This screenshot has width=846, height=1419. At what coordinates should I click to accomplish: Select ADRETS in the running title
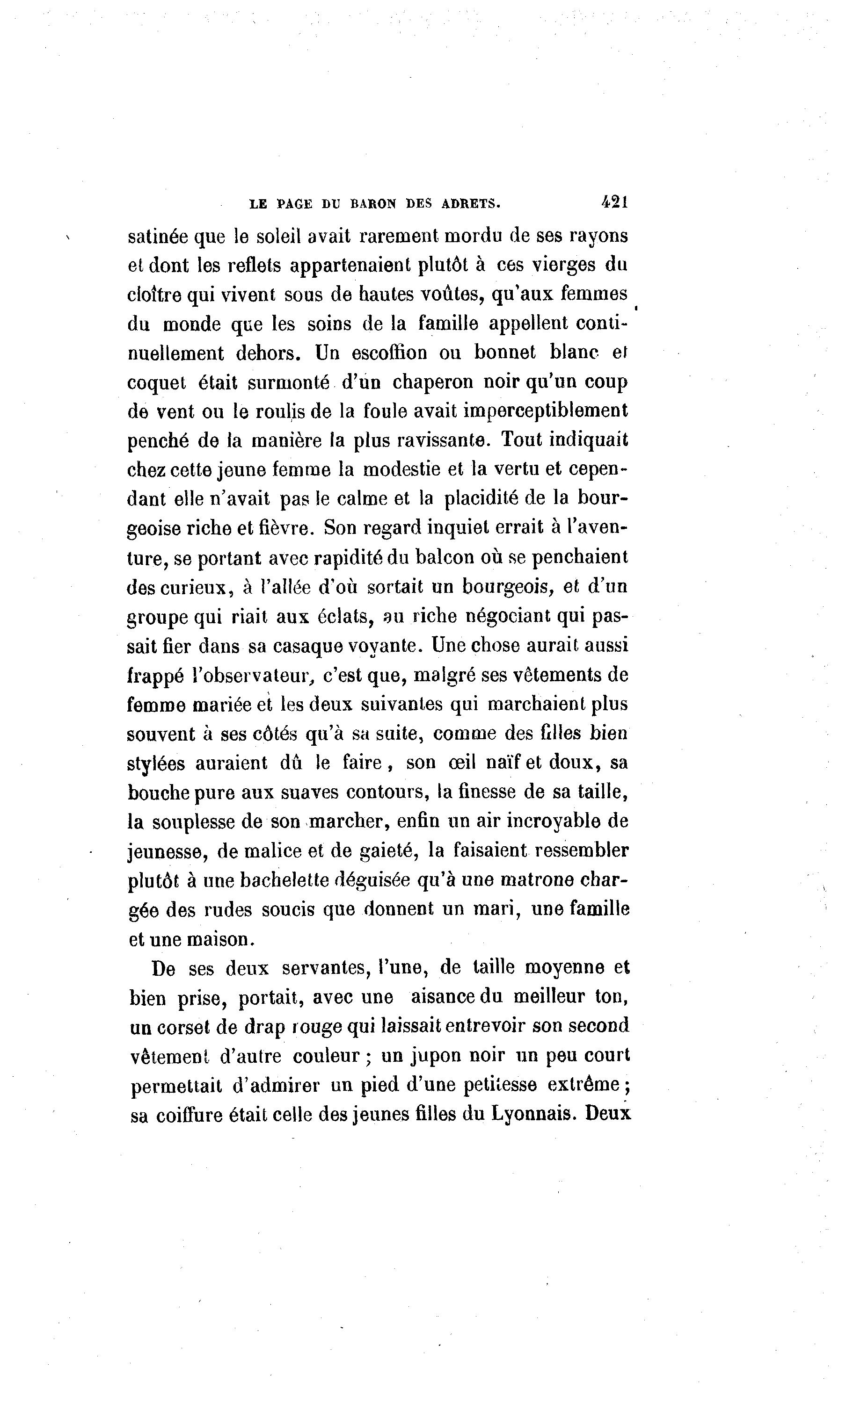tap(470, 203)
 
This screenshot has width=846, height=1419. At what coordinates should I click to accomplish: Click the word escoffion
tap(389, 353)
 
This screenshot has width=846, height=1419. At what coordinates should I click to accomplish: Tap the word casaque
tap(308, 646)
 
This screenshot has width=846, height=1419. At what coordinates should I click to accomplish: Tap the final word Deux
tap(608, 1114)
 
